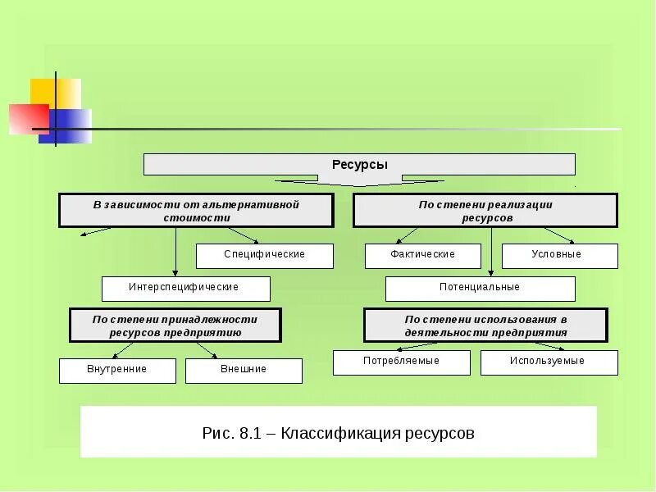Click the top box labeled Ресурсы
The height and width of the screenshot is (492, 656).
click(359, 164)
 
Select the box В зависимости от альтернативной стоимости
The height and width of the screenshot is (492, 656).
click(196, 211)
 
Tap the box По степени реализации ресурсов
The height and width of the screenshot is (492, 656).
click(485, 211)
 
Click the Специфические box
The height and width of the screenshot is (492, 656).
click(265, 255)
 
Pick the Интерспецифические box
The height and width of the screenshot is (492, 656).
click(185, 288)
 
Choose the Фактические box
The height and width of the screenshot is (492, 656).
click(422, 255)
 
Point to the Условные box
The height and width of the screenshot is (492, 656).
click(560, 255)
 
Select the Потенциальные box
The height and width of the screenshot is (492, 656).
click(480, 288)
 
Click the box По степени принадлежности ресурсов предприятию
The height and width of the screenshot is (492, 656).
click(175, 325)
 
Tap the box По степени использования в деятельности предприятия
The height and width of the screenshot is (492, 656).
click(485, 325)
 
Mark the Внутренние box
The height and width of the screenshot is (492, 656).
click(117, 370)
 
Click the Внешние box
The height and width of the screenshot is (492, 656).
click(244, 370)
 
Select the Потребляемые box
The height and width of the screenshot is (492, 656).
click(401, 362)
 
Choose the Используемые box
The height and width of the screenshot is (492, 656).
click(549, 362)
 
